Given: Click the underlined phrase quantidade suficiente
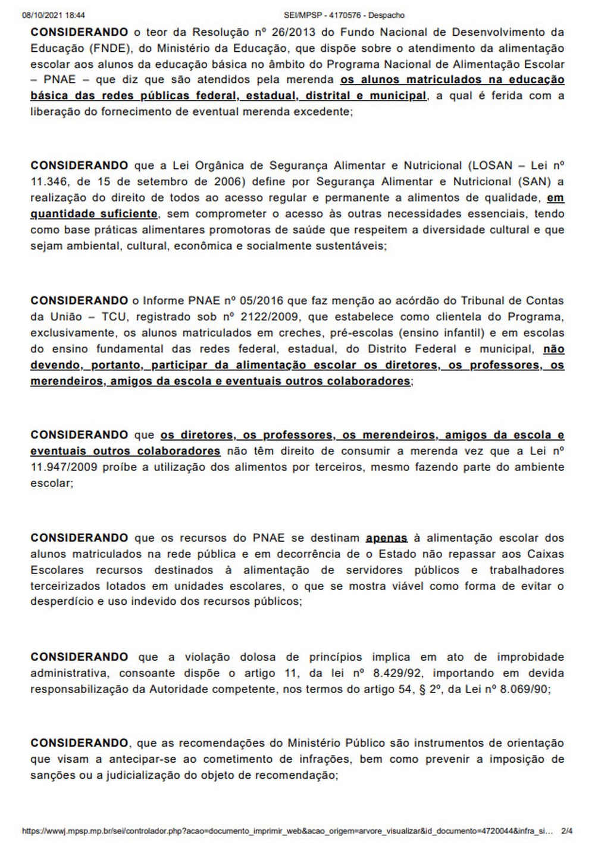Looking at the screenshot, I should [94, 214].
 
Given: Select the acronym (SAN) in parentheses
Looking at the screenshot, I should [536, 182].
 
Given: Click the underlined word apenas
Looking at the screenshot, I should [387, 538].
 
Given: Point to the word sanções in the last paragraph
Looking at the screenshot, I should [52, 775].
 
